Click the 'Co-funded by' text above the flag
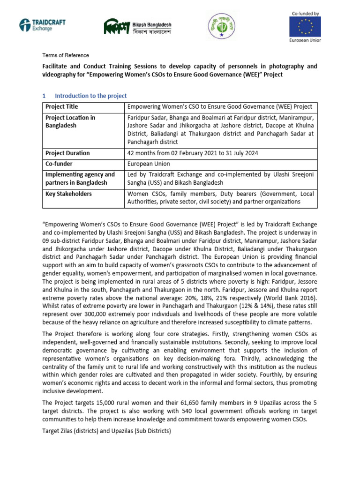(304, 14)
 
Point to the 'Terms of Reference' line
(66, 55)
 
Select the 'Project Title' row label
(61, 107)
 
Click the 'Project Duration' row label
(67, 153)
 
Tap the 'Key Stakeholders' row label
(68, 194)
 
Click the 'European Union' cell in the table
(149, 164)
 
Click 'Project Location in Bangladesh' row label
(70, 122)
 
